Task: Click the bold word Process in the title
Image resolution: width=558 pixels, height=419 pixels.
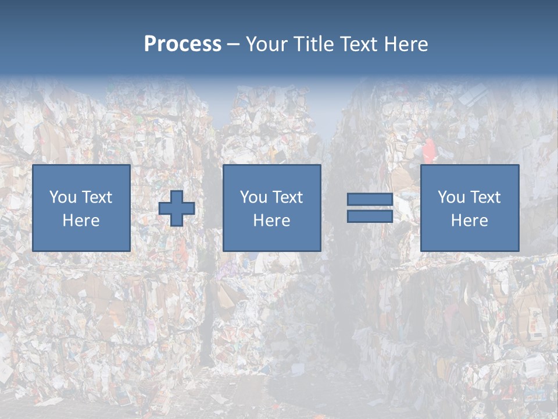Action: click(183, 44)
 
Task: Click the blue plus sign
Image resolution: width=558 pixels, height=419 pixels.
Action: click(177, 208)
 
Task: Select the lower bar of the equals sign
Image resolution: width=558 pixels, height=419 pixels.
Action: click(370, 216)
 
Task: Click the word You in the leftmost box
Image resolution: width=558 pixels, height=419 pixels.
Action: click(63, 197)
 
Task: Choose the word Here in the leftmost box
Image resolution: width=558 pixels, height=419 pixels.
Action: click(81, 221)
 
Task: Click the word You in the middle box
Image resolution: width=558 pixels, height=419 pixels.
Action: click(253, 197)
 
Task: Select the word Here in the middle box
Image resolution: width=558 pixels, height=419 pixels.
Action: click(271, 221)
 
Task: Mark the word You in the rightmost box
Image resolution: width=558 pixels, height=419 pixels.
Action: click(451, 197)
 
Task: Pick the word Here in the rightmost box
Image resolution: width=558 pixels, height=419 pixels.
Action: click(469, 221)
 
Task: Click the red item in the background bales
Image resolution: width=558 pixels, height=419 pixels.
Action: click(428, 150)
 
